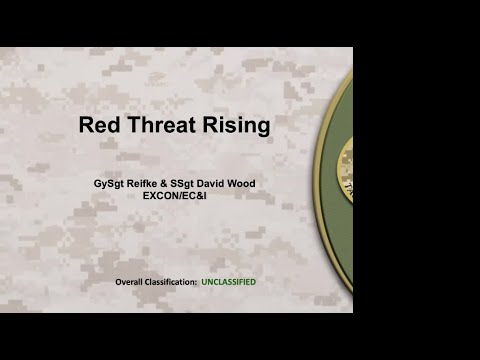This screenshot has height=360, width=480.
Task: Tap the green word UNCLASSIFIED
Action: coord(228,282)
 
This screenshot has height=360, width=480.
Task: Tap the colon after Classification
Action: coord(196,282)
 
